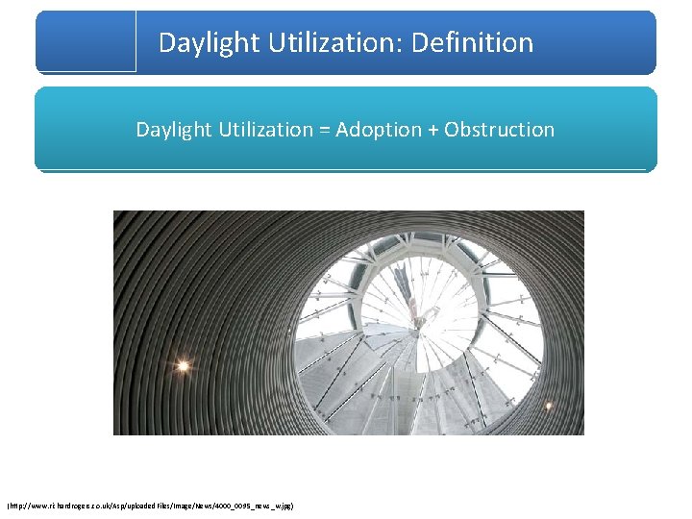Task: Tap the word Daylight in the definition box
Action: [171, 130]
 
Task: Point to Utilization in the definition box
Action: [262, 130]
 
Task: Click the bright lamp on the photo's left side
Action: [182, 365]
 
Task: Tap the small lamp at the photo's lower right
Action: [549, 407]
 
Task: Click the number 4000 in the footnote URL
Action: [224, 505]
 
